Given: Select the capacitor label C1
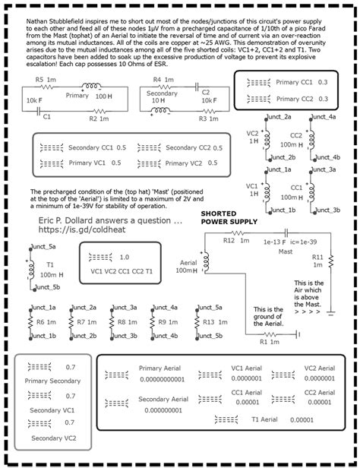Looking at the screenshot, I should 46,115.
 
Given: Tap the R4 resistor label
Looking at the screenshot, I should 157,79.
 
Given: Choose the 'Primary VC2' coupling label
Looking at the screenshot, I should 172,163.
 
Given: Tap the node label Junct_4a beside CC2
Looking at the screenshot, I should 323,116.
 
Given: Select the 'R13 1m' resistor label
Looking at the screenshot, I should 213,322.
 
